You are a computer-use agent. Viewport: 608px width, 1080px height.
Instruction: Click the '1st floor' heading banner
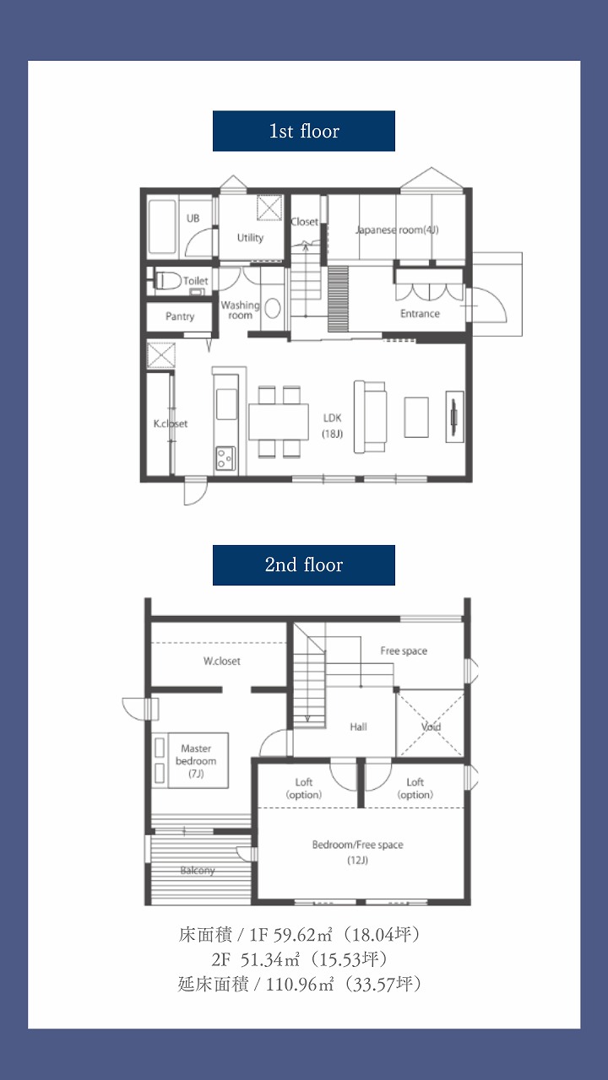(304, 131)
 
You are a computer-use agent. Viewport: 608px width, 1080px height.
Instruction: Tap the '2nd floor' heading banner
(304, 565)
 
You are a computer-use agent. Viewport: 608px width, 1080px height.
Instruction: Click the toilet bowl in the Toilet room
(168, 280)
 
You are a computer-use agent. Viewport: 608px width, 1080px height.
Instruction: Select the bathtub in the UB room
(161, 227)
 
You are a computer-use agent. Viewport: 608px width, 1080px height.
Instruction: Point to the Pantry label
(180, 316)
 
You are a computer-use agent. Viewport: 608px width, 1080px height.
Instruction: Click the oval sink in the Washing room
(273, 309)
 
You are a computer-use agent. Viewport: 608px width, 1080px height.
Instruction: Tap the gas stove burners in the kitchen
(225, 458)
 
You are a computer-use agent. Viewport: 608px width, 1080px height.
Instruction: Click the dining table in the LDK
(279, 422)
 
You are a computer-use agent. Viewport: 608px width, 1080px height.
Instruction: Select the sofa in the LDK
(370, 417)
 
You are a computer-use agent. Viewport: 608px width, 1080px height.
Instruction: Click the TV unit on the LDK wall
(454, 417)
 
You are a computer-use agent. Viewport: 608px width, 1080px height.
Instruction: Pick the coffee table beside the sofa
(416, 417)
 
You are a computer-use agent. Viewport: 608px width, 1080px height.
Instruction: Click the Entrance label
(420, 314)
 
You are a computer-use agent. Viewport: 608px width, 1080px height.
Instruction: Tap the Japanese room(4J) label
(397, 230)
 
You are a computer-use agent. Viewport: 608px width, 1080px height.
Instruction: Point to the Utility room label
(251, 238)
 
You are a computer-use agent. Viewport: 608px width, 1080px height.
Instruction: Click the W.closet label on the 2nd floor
(222, 661)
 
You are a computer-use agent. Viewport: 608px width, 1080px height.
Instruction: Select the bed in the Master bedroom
(190, 761)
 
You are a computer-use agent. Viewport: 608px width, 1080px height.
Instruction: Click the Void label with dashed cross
(431, 727)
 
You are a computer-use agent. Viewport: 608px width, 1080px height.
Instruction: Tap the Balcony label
(198, 870)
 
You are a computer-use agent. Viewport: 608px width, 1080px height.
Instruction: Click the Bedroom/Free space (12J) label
(357, 852)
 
